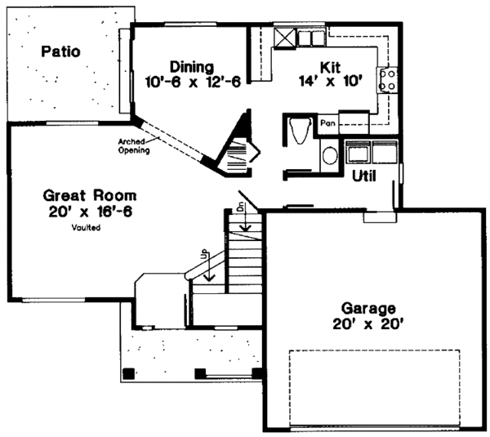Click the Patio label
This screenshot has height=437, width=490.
[61, 51]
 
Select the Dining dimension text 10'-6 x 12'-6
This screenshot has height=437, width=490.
[193, 82]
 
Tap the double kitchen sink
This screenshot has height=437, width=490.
[310, 38]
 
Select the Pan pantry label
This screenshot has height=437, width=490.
[328, 123]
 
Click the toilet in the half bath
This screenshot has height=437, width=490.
[299, 130]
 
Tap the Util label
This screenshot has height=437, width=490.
[364, 175]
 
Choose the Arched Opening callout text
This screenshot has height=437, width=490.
[132, 146]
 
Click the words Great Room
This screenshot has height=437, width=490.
[90, 196]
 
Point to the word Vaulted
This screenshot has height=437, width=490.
[86, 229]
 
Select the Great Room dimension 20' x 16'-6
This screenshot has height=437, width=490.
[91, 212]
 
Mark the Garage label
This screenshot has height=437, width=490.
[369, 309]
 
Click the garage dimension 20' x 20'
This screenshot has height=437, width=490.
[369, 324]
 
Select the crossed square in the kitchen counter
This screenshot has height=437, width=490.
[283, 37]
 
